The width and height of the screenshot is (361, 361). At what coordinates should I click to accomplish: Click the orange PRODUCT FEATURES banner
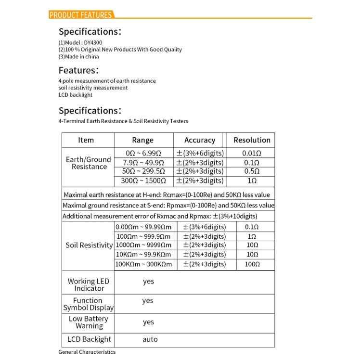click(x=81, y=15)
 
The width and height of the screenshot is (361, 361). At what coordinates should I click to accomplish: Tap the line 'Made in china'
click(x=79, y=56)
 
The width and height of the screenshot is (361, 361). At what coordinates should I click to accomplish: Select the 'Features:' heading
click(x=79, y=70)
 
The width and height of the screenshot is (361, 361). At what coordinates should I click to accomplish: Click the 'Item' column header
click(x=86, y=140)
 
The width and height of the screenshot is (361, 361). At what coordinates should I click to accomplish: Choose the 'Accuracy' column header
click(x=199, y=140)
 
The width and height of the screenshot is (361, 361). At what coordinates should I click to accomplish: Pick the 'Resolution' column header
click(x=252, y=140)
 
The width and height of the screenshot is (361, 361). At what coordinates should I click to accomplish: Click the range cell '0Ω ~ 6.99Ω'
click(x=142, y=153)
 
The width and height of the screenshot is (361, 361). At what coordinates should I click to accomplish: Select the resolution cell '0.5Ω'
click(x=252, y=171)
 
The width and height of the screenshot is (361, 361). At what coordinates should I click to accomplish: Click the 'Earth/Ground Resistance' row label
click(x=88, y=163)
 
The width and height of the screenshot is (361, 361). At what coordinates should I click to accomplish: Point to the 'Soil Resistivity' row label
click(x=89, y=245)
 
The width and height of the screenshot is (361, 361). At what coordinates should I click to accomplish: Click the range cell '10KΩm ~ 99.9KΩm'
click(x=143, y=255)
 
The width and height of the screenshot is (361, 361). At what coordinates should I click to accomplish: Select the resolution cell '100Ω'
click(x=252, y=264)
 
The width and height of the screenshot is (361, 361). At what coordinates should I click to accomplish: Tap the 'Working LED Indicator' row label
click(x=89, y=284)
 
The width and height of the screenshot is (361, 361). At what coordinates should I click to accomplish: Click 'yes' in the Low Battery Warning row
click(x=148, y=322)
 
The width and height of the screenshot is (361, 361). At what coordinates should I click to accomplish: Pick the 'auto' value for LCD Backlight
click(x=150, y=339)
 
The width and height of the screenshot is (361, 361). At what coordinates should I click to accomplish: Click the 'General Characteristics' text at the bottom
click(x=87, y=352)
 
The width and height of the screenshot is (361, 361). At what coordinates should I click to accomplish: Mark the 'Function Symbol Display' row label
click(x=89, y=304)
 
